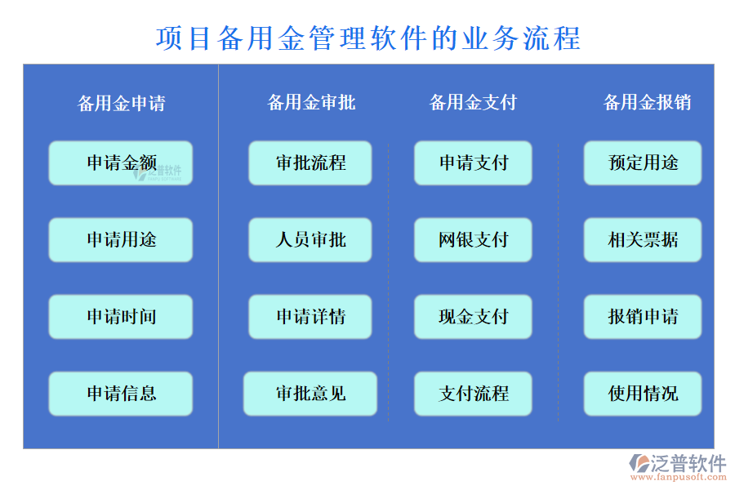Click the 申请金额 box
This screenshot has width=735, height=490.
[121, 163]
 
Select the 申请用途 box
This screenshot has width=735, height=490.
[121, 240]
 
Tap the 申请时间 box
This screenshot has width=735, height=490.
[121, 317]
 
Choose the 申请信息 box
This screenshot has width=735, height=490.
[121, 394]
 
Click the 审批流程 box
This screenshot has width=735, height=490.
[310, 163]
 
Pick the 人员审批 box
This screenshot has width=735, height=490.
[310, 240]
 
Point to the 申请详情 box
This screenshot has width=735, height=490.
[310, 317]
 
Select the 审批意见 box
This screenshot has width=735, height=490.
[310, 394]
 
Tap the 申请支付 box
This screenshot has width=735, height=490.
[473, 163]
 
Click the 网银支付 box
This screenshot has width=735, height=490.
[473, 240]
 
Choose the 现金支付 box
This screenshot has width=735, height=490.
[473, 317]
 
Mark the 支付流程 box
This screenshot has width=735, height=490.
[473, 394]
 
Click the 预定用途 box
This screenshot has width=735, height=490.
[643, 163]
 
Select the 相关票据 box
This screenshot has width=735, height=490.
[643, 240]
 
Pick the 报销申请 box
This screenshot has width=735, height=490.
[643, 317]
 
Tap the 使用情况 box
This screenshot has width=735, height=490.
[643, 394]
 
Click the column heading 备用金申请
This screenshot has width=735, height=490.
[121, 104]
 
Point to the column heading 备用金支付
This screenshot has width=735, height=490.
[473, 102]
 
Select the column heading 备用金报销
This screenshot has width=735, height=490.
[647, 102]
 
